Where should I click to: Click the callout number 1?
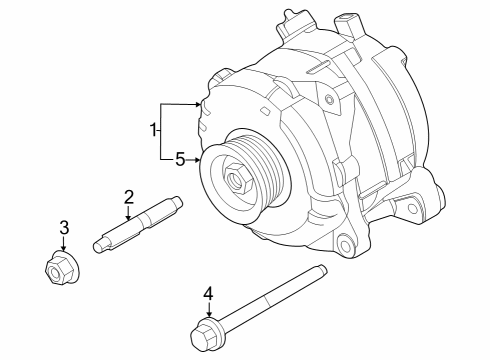click(x=154, y=130)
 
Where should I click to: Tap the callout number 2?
click(x=129, y=196)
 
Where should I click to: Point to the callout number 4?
click(x=208, y=293)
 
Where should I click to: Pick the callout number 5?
click(x=180, y=158)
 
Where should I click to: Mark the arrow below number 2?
click(x=129, y=214)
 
